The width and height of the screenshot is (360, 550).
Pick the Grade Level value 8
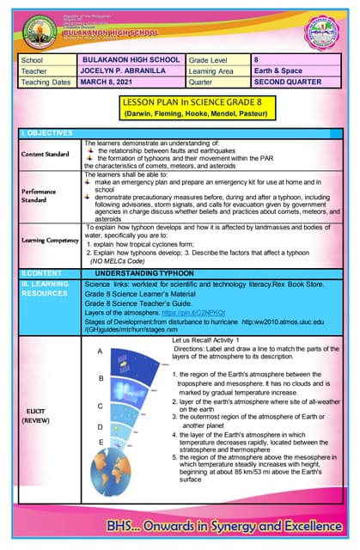[257, 59]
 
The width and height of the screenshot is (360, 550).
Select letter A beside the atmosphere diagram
[101, 351]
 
